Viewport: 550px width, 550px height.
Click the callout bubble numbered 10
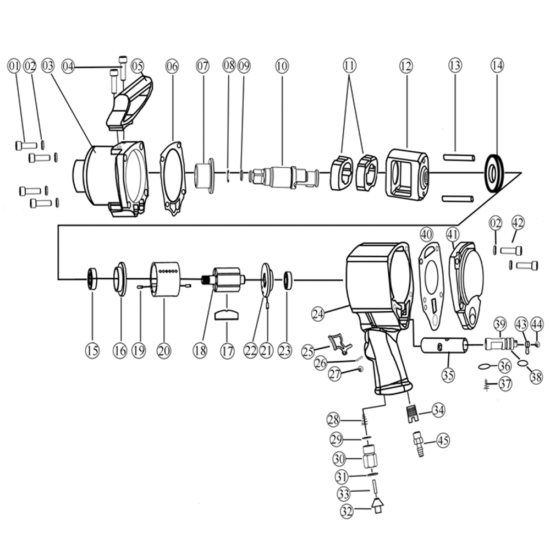pos(282,66)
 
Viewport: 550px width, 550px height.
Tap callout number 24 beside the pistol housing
pos(318,314)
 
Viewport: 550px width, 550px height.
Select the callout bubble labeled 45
pos(443,440)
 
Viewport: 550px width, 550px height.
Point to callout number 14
pos(498,65)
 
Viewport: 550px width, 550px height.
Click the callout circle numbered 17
pos(227,351)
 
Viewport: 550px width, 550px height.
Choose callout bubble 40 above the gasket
pos(427,234)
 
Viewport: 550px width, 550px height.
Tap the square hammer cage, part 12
pos(407,175)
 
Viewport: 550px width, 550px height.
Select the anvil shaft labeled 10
pos(284,175)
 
